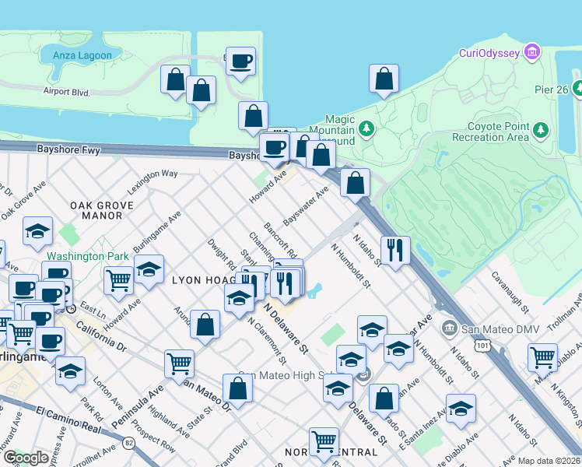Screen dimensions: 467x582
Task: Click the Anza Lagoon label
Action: (82, 55)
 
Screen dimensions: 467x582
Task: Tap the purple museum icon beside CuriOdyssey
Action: (532, 53)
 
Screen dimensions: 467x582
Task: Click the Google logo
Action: (26, 458)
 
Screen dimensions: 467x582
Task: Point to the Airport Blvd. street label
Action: (67, 92)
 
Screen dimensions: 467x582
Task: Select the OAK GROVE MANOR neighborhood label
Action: (102, 210)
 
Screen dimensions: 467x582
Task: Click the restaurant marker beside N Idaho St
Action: (395, 251)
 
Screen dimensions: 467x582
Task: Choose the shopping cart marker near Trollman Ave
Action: (542, 356)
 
